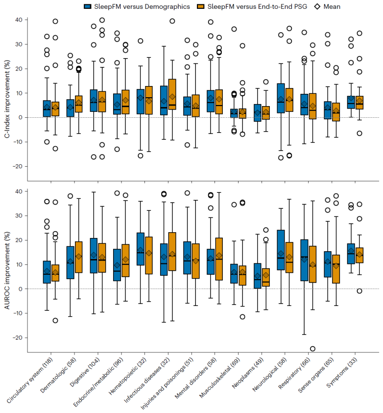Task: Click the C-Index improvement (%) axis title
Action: click(x=6, y=93)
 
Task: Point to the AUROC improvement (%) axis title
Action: click(x=6, y=264)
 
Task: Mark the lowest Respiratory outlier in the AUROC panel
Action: click(x=312, y=348)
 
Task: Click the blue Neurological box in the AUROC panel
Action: click(x=281, y=250)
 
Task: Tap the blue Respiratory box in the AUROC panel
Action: click(x=304, y=260)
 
